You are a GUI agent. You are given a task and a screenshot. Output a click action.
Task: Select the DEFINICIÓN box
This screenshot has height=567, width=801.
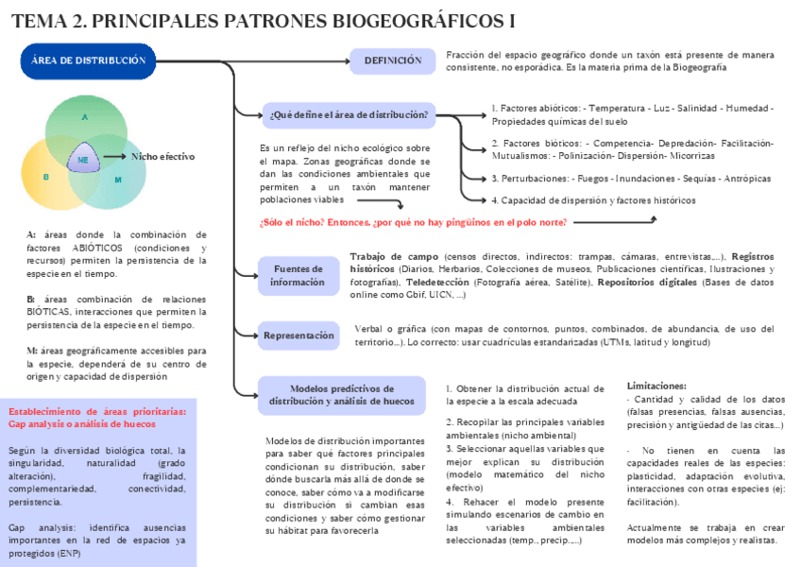pos(392,60)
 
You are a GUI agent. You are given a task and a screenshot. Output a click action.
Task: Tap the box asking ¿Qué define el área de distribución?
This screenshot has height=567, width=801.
pos(349,115)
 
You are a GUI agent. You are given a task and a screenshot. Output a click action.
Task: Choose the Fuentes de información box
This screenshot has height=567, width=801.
pos(297,275)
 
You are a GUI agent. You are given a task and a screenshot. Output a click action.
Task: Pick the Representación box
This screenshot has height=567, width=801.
pos(298,335)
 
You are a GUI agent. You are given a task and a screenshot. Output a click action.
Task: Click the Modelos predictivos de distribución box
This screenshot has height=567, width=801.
pos(341,395)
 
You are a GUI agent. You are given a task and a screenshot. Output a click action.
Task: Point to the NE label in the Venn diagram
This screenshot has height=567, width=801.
pos(83,160)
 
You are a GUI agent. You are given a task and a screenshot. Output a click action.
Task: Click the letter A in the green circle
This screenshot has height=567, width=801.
pos(84,117)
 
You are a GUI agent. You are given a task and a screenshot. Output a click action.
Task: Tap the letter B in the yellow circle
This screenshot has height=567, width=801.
pos(45,177)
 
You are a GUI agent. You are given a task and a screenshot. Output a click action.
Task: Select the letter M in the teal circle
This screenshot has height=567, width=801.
pos(118,180)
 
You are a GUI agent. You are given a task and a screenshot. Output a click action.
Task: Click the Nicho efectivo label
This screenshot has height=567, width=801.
pos(162,156)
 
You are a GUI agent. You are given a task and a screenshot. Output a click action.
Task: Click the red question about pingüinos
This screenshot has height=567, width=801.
pos(413,222)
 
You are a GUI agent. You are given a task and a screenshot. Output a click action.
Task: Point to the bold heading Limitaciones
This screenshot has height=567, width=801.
pos(656,386)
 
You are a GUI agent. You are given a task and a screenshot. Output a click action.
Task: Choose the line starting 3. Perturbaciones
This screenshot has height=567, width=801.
pos(630,178)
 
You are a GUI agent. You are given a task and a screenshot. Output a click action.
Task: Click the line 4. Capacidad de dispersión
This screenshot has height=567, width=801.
pos(593,200)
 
